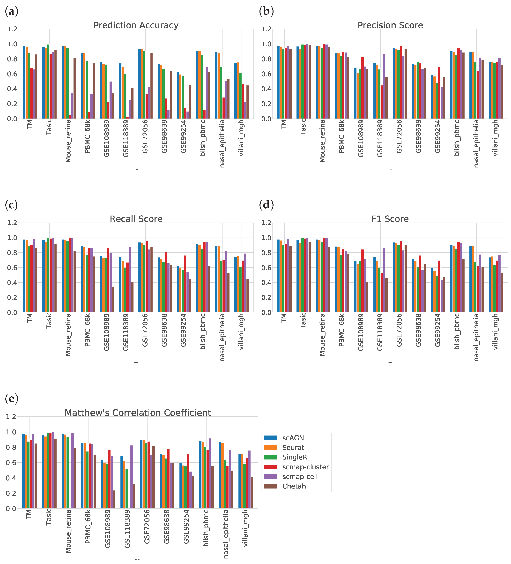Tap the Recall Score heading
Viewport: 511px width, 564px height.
point(136,219)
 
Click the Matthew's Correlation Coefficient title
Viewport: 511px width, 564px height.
point(138,413)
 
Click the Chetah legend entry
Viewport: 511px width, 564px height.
point(294,486)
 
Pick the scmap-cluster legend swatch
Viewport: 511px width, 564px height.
point(270,467)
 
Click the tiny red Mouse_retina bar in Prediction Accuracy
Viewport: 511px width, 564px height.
point(70,117)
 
